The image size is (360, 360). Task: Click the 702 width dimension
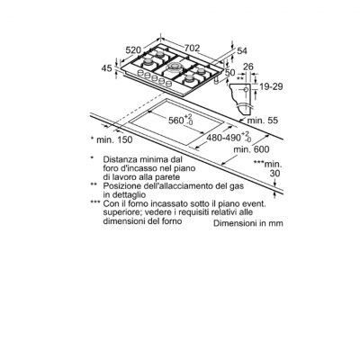(x=192, y=48)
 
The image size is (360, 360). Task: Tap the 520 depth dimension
(x=133, y=50)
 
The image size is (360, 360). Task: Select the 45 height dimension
(x=106, y=68)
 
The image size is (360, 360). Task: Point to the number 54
(x=242, y=51)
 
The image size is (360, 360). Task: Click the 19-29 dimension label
(x=271, y=86)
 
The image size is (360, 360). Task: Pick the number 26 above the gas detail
(x=247, y=67)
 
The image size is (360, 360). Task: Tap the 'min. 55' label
(x=263, y=121)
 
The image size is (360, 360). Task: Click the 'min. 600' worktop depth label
(x=252, y=149)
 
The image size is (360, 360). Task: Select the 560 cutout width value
(x=175, y=120)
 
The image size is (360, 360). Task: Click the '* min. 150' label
(x=112, y=139)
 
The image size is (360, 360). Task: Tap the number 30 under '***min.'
(x=274, y=174)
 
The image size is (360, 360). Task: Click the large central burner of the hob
(x=174, y=67)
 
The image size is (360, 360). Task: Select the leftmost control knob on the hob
(x=139, y=73)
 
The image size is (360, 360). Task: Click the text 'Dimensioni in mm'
(x=248, y=223)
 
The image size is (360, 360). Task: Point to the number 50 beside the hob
(x=230, y=72)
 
